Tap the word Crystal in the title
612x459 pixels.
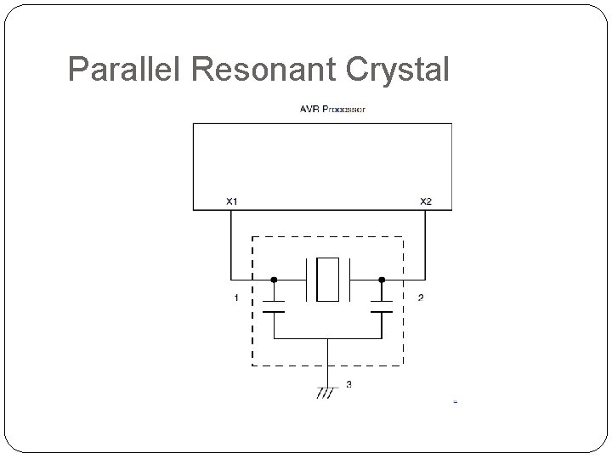396,70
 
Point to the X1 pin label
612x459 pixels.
231,201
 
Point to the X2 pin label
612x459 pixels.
426,201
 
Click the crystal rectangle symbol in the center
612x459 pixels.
327,278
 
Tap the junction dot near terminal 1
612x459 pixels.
274,278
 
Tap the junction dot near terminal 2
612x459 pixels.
382,278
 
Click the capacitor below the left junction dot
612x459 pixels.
274,306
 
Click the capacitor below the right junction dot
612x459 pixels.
382,306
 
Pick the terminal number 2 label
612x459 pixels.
420,297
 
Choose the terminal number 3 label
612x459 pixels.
349,385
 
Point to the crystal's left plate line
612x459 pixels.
306,278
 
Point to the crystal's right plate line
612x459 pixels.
349,278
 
